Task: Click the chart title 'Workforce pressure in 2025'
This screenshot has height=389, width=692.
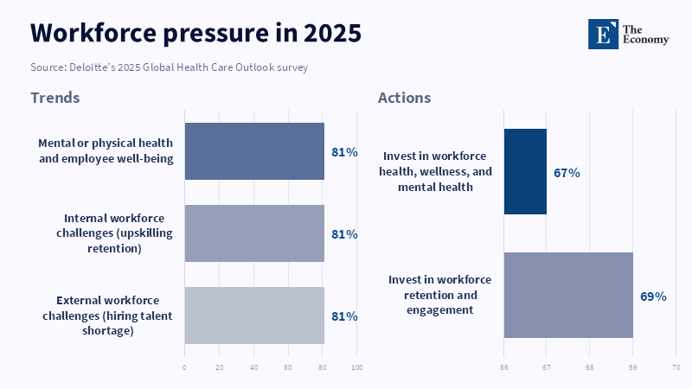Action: click(195, 33)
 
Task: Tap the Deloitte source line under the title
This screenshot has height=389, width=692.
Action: click(170, 67)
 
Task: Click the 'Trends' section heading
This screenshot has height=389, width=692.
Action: click(54, 98)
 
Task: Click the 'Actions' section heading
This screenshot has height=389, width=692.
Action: click(404, 98)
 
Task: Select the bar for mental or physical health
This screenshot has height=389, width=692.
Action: click(254, 151)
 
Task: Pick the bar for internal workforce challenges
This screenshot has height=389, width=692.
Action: click(254, 233)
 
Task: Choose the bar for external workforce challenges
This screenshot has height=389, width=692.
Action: click(254, 316)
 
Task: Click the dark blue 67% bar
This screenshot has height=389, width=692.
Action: click(525, 171)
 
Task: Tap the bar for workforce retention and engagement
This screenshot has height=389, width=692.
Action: click(568, 295)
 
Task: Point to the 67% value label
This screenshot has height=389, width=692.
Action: click(567, 173)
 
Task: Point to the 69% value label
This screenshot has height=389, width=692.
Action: click(653, 297)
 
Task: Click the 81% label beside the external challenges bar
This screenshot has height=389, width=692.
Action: click(344, 316)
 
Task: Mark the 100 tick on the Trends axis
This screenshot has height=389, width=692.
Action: click(357, 367)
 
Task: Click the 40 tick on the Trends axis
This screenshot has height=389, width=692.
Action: click(254, 367)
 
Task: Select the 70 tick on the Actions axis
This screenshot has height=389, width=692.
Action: click(676, 367)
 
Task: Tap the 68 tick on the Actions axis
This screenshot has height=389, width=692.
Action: click(590, 367)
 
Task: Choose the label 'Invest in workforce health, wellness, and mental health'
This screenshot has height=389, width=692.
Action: click(437, 171)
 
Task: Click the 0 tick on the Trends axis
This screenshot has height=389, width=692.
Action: click(184, 367)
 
